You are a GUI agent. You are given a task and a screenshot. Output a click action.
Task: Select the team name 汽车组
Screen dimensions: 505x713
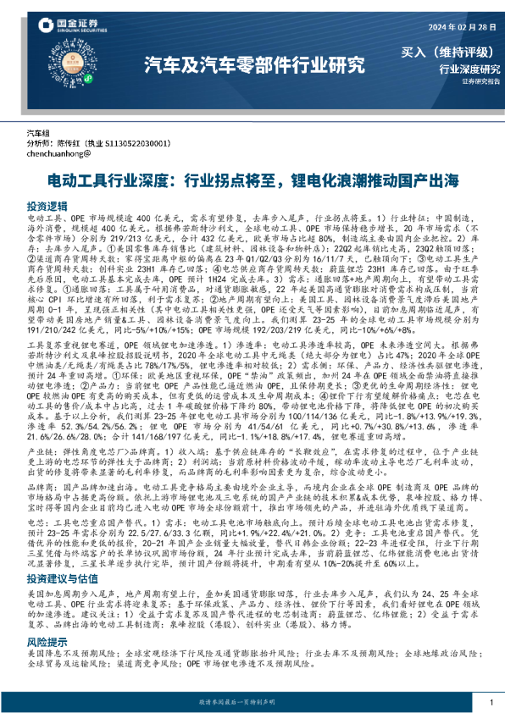coord(40,134)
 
